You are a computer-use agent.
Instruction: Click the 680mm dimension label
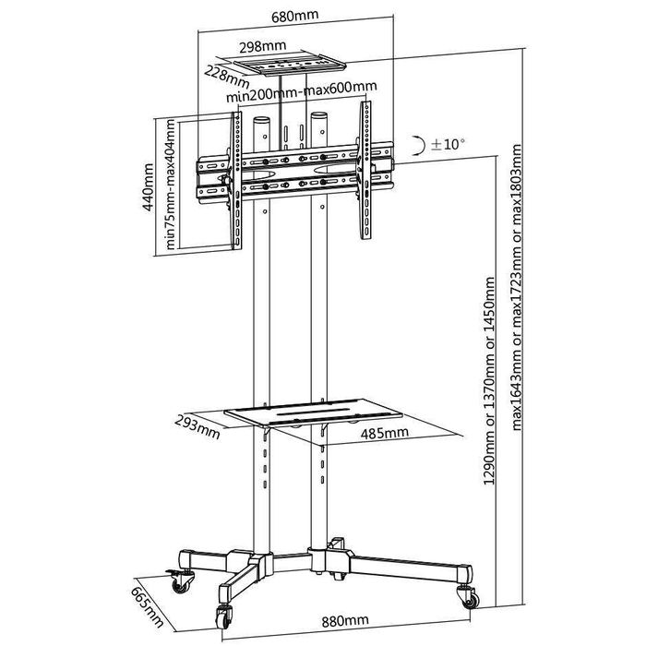click(295, 16)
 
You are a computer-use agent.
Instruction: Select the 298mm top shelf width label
click(262, 46)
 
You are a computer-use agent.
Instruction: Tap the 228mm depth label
click(227, 77)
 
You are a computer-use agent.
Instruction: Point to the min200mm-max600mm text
click(302, 92)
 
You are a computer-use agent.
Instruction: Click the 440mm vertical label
click(148, 187)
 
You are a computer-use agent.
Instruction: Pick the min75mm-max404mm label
click(170, 185)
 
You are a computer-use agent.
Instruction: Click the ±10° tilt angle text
click(448, 144)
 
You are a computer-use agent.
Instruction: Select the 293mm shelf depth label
click(197, 427)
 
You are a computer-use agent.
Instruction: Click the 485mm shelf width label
click(385, 433)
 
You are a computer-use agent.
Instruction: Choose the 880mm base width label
click(345, 620)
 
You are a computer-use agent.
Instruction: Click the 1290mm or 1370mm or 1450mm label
click(489, 380)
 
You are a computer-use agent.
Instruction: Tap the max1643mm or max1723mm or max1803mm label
click(517, 287)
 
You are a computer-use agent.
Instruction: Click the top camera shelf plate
click(289, 66)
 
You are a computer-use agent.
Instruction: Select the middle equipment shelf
click(314, 412)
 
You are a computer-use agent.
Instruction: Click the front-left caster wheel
click(223, 616)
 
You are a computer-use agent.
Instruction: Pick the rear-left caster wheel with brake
click(180, 580)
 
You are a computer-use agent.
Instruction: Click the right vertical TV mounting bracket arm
click(365, 170)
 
